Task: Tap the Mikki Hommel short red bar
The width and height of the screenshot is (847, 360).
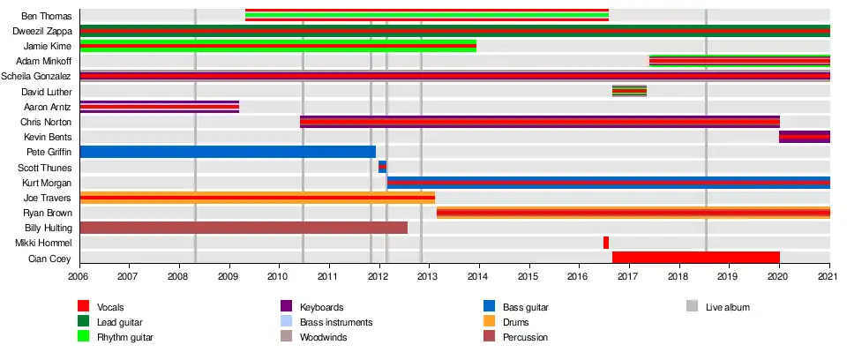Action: (x=605, y=243)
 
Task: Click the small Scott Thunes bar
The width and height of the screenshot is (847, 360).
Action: (x=382, y=167)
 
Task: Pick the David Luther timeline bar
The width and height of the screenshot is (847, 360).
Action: (x=629, y=91)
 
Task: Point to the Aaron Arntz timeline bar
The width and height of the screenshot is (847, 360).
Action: (x=159, y=107)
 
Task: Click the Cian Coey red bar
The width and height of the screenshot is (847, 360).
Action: (x=695, y=258)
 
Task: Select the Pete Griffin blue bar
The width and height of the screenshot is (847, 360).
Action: (x=228, y=152)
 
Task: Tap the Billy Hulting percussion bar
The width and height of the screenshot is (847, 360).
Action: (x=244, y=228)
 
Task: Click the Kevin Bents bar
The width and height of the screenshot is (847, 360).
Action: (x=804, y=137)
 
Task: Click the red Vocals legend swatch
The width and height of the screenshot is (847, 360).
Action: (x=85, y=307)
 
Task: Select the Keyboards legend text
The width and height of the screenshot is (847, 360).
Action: (x=323, y=307)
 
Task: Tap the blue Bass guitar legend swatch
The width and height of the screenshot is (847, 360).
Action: (x=489, y=307)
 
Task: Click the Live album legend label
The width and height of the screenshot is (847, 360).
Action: (x=727, y=307)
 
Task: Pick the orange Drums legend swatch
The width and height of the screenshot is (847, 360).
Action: (x=489, y=322)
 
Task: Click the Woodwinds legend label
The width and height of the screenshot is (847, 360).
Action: (x=323, y=337)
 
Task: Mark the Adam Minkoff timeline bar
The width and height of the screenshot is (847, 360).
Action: (x=739, y=61)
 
